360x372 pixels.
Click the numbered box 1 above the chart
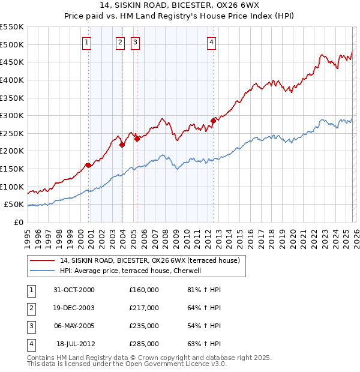88,42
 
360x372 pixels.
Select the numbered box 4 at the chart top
212,42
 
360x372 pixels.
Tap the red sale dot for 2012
213,121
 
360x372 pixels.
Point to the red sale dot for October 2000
89,165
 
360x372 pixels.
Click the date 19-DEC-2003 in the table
74,308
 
